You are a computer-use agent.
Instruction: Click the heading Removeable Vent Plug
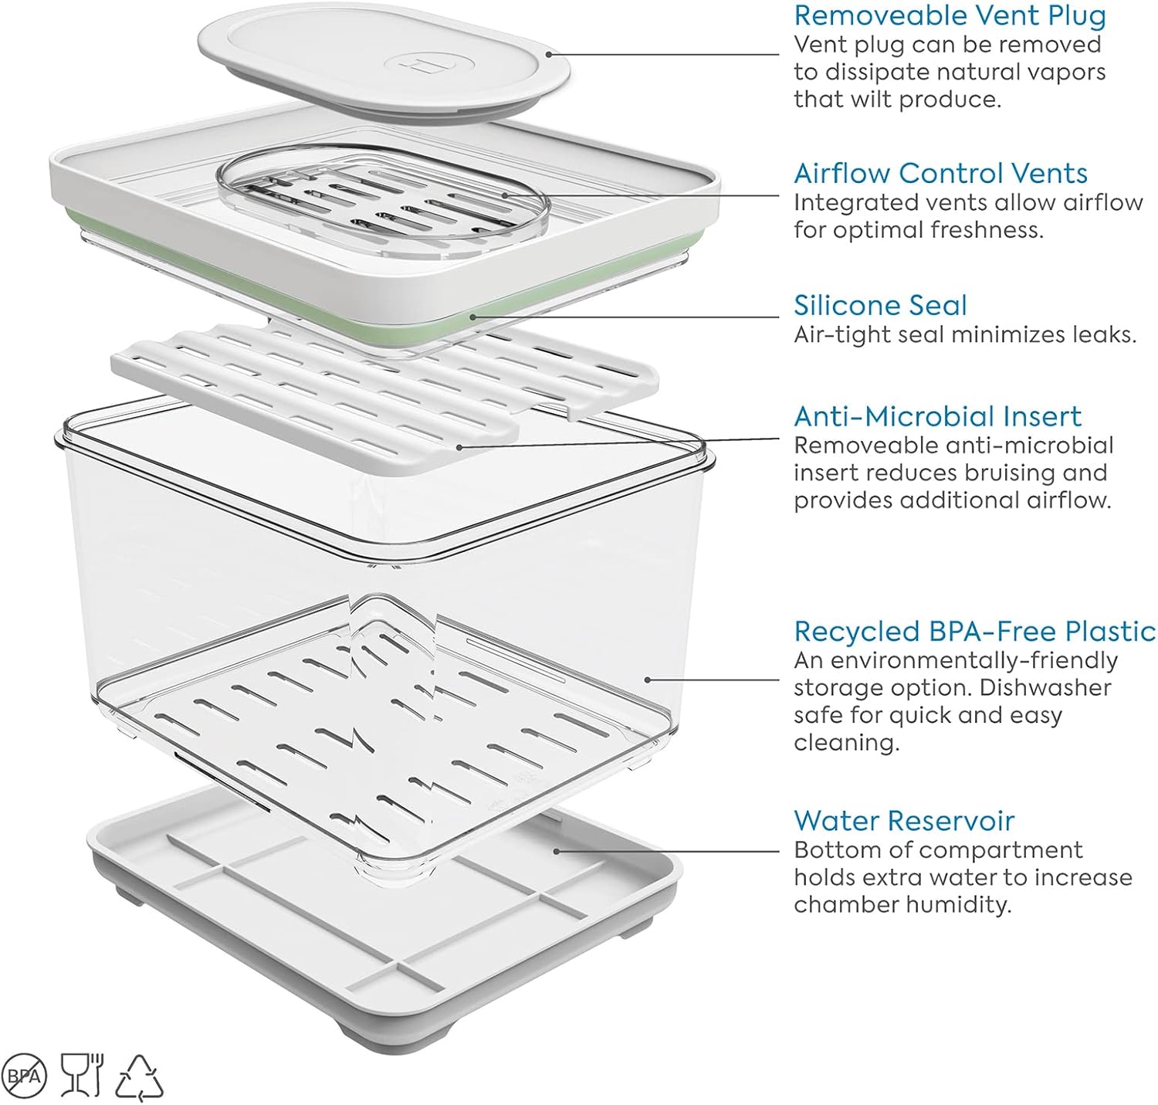click(x=950, y=15)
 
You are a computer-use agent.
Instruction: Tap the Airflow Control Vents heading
click(x=940, y=173)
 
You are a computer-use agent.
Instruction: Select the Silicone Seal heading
click(x=880, y=305)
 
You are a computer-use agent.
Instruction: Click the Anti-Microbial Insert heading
click(x=937, y=416)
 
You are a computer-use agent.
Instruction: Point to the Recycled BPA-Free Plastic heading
click(x=974, y=631)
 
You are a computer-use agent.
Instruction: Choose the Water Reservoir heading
click(x=903, y=820)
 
